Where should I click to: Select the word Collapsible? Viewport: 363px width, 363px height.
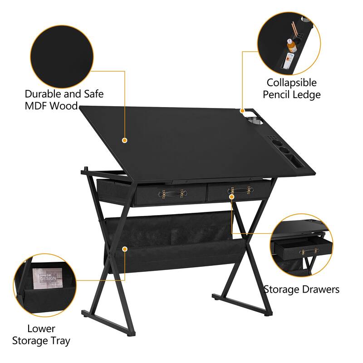(x=292, y=83)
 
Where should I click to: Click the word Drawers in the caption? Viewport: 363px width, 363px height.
(x=320, y=289)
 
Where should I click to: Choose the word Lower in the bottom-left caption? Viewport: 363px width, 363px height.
(x=41, y=329)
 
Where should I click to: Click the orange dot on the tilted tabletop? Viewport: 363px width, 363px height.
(x=124, y=140)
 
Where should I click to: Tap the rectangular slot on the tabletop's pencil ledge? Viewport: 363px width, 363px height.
(x=294, y=161)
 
